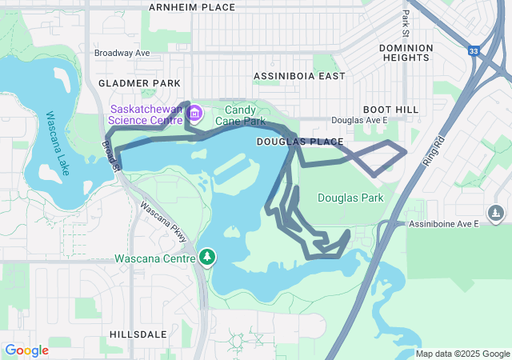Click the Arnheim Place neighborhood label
coord(192,7)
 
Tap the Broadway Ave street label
coord(122,53)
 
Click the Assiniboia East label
coord(298,76)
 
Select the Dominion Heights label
coord(406,53)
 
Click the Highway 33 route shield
coord(474,51)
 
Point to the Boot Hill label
coord(386,109)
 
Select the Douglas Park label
coord(350,198)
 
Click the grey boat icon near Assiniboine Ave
coord(496,214)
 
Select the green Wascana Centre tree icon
coord(208,257)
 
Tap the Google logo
coord(26,350)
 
